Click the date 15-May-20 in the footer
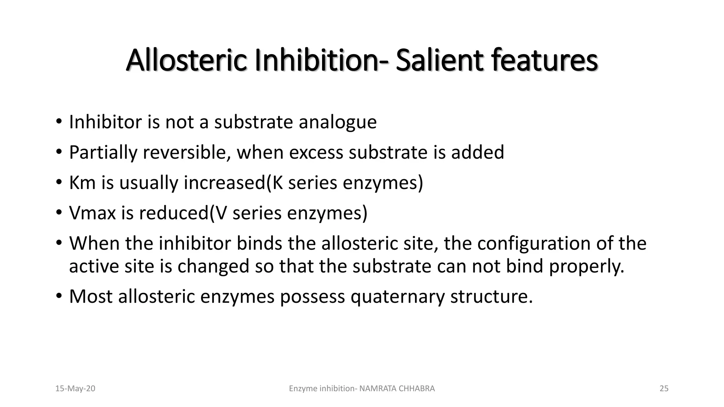coord(75,389)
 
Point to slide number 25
coord(664,389)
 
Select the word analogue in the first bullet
coord(338,122)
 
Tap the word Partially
coord(103,153)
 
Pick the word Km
coord(82,183)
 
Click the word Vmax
coord(92,213)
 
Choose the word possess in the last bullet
coord(312,297)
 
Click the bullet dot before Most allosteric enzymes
coord(59,296)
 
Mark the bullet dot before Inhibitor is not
coord(59,122)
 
